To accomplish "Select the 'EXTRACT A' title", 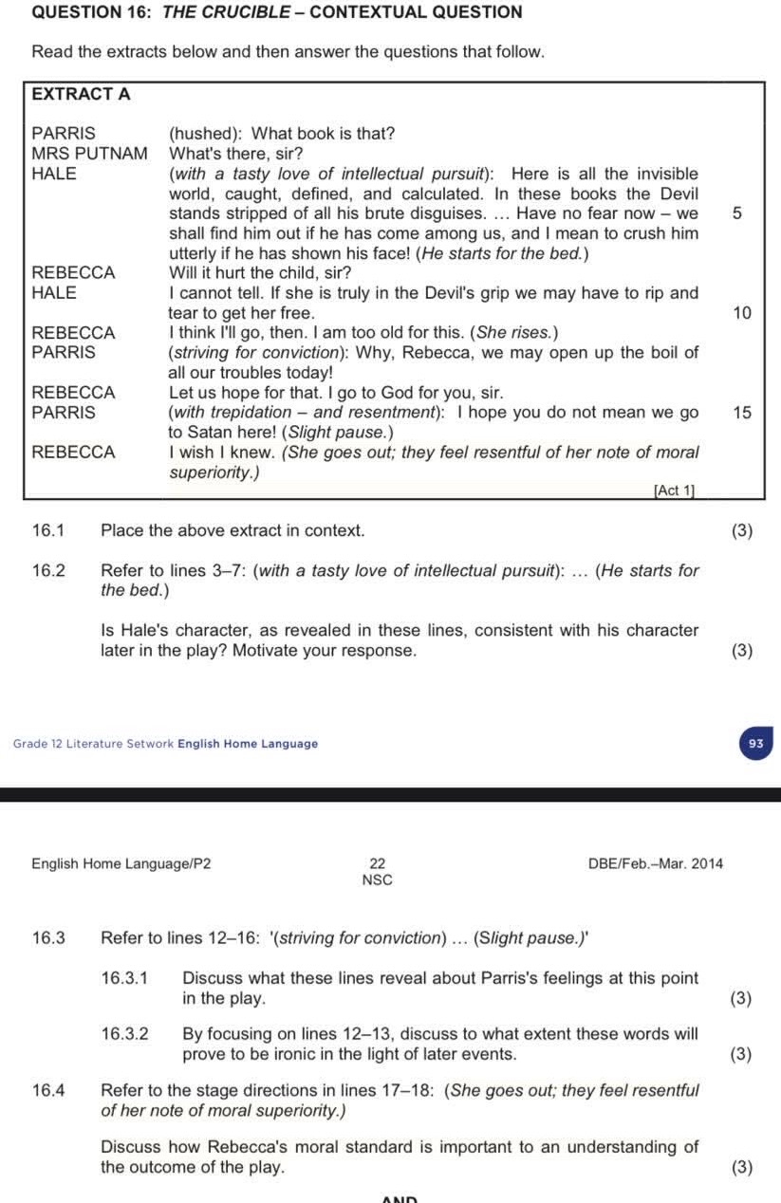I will (x=81, y=94).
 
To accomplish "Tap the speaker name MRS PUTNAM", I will (x=89, y=153).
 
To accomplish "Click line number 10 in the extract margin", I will (x=741, y=313).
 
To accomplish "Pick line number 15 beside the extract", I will (x=741, y=412).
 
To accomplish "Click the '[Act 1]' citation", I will (x=674, y=490).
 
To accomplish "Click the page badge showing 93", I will (x=755, y=744).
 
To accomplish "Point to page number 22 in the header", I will (x=378, y=863).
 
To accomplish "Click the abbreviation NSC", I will (x=378, y=880).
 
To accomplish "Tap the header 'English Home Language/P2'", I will (x=121, y=863).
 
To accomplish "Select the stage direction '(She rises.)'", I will (x=516, y=333).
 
